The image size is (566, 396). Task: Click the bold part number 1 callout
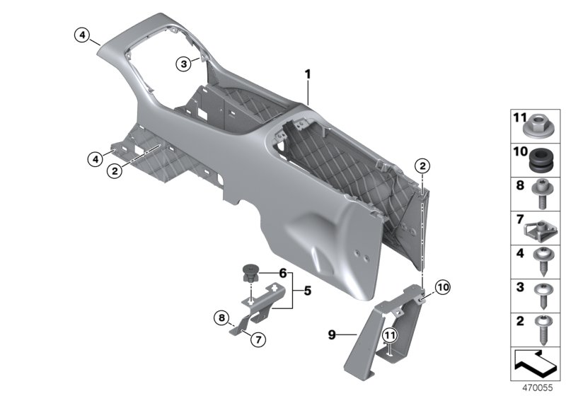tap(308, 74)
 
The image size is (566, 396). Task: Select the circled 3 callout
tap(183, 64)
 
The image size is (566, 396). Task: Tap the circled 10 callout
tap(443, 287)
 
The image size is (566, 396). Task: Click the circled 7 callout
tap(258, 340)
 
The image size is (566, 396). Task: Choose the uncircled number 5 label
tap(308, 290)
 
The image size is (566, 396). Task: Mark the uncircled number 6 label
tap(282, 273)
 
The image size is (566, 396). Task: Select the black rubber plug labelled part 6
tap(250, 272)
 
